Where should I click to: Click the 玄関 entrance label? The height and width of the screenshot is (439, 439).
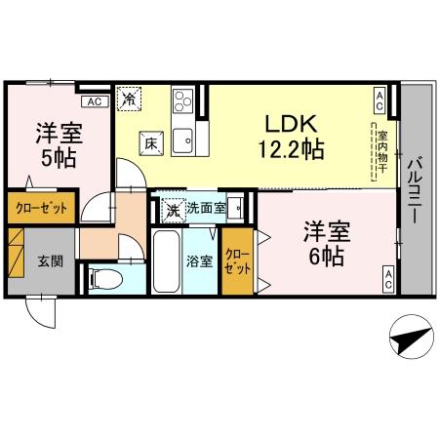(x=50, y=261)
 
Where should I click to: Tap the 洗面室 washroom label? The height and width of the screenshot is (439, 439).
(x=206, y=208)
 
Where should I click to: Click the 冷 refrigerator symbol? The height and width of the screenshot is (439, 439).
(x=129, y=98)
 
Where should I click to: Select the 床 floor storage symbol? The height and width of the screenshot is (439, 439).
(x=151, y=142)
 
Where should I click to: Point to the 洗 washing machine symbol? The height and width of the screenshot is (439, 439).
(x=172, y=208)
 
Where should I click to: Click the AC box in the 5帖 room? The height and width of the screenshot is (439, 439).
(x=95, y=100)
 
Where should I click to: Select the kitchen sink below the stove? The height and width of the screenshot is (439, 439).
(x=183, y=140)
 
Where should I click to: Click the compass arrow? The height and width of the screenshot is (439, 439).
(x=410, y=340)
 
